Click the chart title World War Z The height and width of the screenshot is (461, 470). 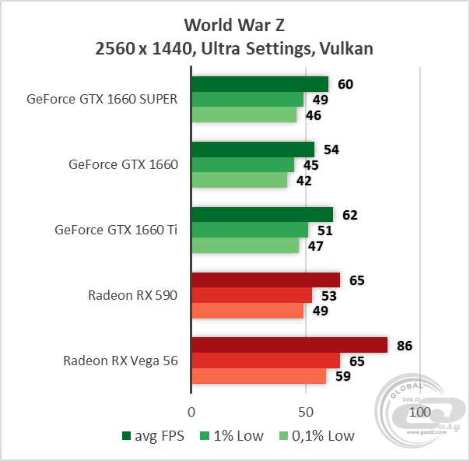tap(234, 23)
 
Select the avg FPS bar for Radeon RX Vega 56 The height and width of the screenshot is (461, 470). tap(289, 345)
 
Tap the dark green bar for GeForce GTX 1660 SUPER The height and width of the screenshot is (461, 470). tap(260, 84)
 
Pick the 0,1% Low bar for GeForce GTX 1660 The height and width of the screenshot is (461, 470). tap(240, 181)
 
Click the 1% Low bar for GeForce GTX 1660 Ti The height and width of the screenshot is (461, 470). tap(250, 230)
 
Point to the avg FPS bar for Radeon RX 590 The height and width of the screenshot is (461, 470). tap(265, 280)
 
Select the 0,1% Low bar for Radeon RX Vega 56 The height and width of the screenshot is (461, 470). tap(259, 377)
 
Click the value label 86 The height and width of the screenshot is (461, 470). tap(404, 346)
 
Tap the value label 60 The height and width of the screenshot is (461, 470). tap(344, 84)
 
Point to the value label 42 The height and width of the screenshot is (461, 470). tap(302, 181)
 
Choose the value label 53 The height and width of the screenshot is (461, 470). tap(328, 296)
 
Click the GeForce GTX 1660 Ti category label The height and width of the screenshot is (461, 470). tap(117, 230)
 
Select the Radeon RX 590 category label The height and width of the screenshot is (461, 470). tap(133, 295)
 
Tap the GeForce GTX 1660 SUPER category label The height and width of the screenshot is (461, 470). tap(103, 99)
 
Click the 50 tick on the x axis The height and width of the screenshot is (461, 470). tap(306, 410)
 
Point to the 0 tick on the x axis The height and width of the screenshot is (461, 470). tap(191, 410)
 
